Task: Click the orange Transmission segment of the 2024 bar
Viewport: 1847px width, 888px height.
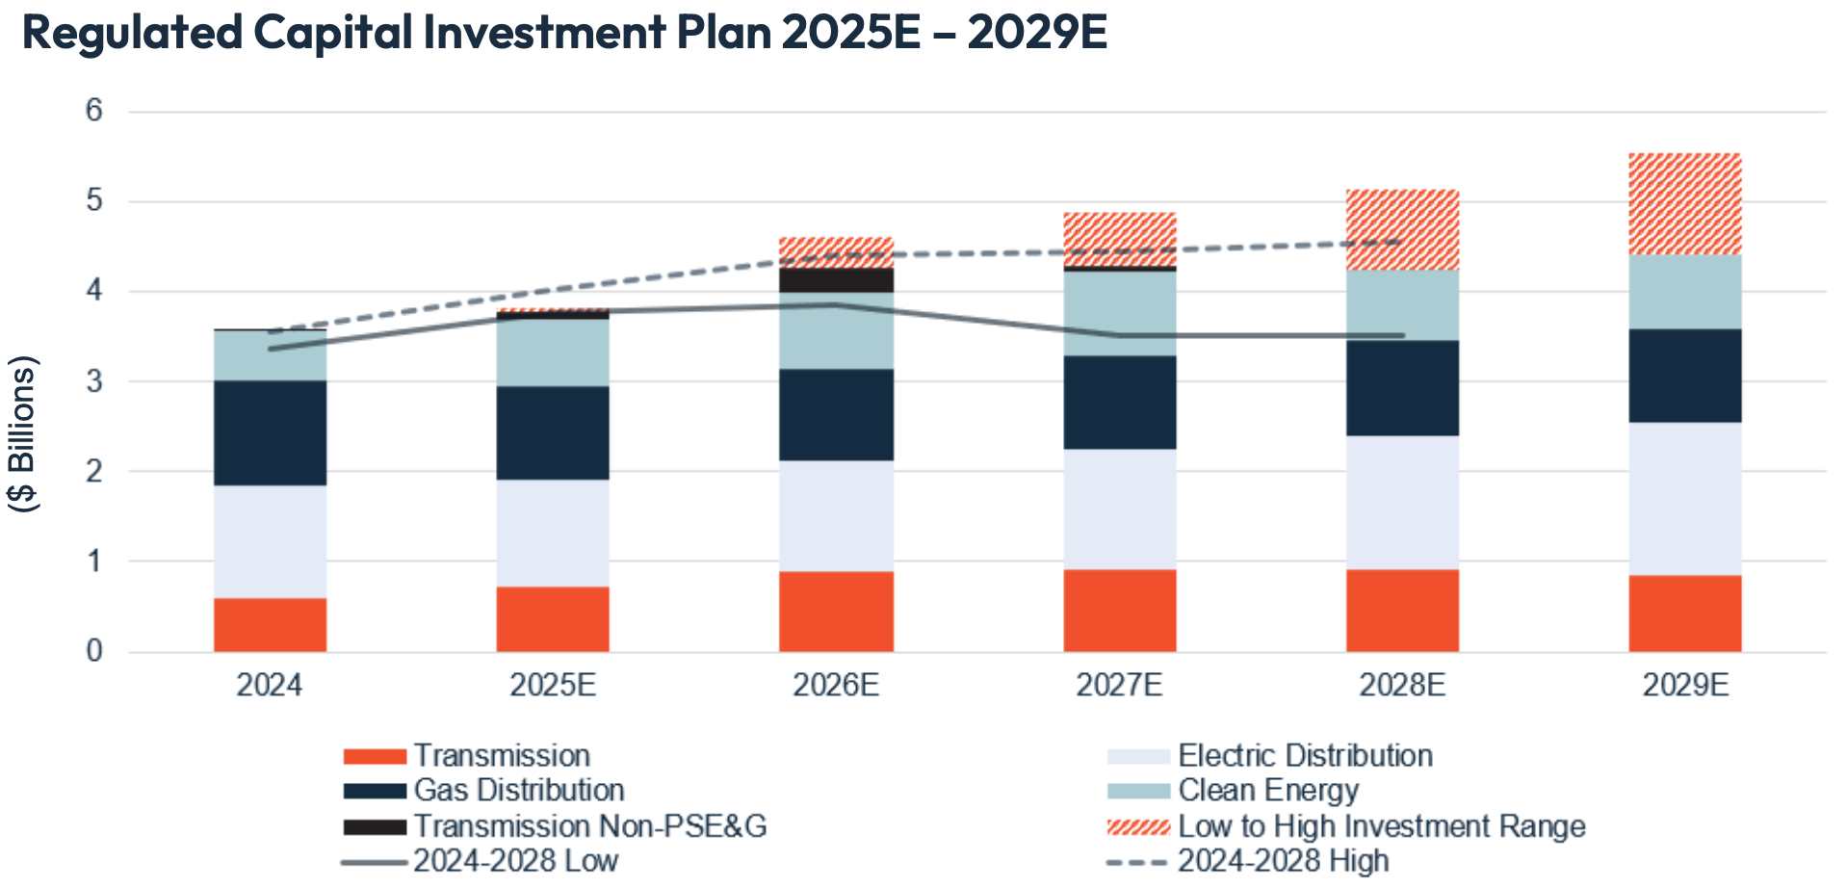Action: (x=270, y=624)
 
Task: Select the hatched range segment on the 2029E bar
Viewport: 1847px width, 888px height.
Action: (x=1684, y=203)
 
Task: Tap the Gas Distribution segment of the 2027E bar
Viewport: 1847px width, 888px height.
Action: (x=1119, y=402)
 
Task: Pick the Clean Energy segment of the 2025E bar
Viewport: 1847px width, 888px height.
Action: (x=553, y=353)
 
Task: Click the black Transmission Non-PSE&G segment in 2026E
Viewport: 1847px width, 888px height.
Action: (x=836, y=280)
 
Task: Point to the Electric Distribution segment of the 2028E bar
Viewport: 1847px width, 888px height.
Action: (x=1402, y=502)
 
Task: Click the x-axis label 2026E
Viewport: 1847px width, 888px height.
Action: (x=836, y=685)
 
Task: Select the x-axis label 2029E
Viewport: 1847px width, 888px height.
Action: (x=1684, y=685)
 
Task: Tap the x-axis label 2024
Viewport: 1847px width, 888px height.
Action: (x=270, y=685)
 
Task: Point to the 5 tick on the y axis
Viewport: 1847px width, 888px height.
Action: (x=94, y=200)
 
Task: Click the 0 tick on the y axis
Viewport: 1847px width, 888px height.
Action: (x=94, y=651)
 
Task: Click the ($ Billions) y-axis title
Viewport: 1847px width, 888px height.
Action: (x=22, y=433)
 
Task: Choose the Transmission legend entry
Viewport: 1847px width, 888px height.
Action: (x=501, y=756)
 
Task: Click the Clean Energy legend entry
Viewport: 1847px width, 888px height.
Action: (x=1267, y=791)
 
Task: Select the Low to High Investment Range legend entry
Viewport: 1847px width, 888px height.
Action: (x=1380, y=826)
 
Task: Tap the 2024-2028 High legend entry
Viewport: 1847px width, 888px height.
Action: (x=1282, y=861)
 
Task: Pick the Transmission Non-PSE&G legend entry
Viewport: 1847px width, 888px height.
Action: (x=589, y=826)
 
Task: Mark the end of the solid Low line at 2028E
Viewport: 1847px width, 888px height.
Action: (x=1402, y=335)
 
